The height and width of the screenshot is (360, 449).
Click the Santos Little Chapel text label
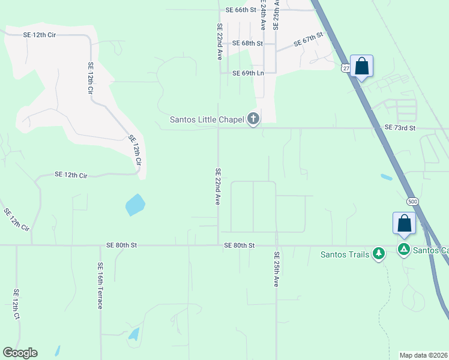(x=207, y=119)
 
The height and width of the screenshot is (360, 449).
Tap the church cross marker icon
(x=253, y=119)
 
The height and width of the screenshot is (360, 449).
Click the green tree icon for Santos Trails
(x=379, y=254)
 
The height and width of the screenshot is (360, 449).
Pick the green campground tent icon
(x=404, y=249)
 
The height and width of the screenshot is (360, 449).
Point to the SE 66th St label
(x=241, y=10)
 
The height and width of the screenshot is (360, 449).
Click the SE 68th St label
(x=248, y=43)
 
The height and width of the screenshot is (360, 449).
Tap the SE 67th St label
(x=309, y=40)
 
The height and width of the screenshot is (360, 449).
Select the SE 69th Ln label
(x=248, y=73)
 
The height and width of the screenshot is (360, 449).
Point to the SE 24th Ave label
(x=263, y=15)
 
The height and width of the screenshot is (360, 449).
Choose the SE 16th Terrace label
(x=100, y=286)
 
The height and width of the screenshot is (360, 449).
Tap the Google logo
(x=20, y=353)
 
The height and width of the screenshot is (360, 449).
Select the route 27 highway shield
(x=346, y=68)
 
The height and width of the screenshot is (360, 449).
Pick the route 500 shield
(x=412, y=201)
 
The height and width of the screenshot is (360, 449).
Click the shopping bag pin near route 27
(x=362, y=66)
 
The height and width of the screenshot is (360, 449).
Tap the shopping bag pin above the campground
(x=405, y=223)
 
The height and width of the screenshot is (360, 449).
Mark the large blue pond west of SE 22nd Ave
(x=135, y=205)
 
